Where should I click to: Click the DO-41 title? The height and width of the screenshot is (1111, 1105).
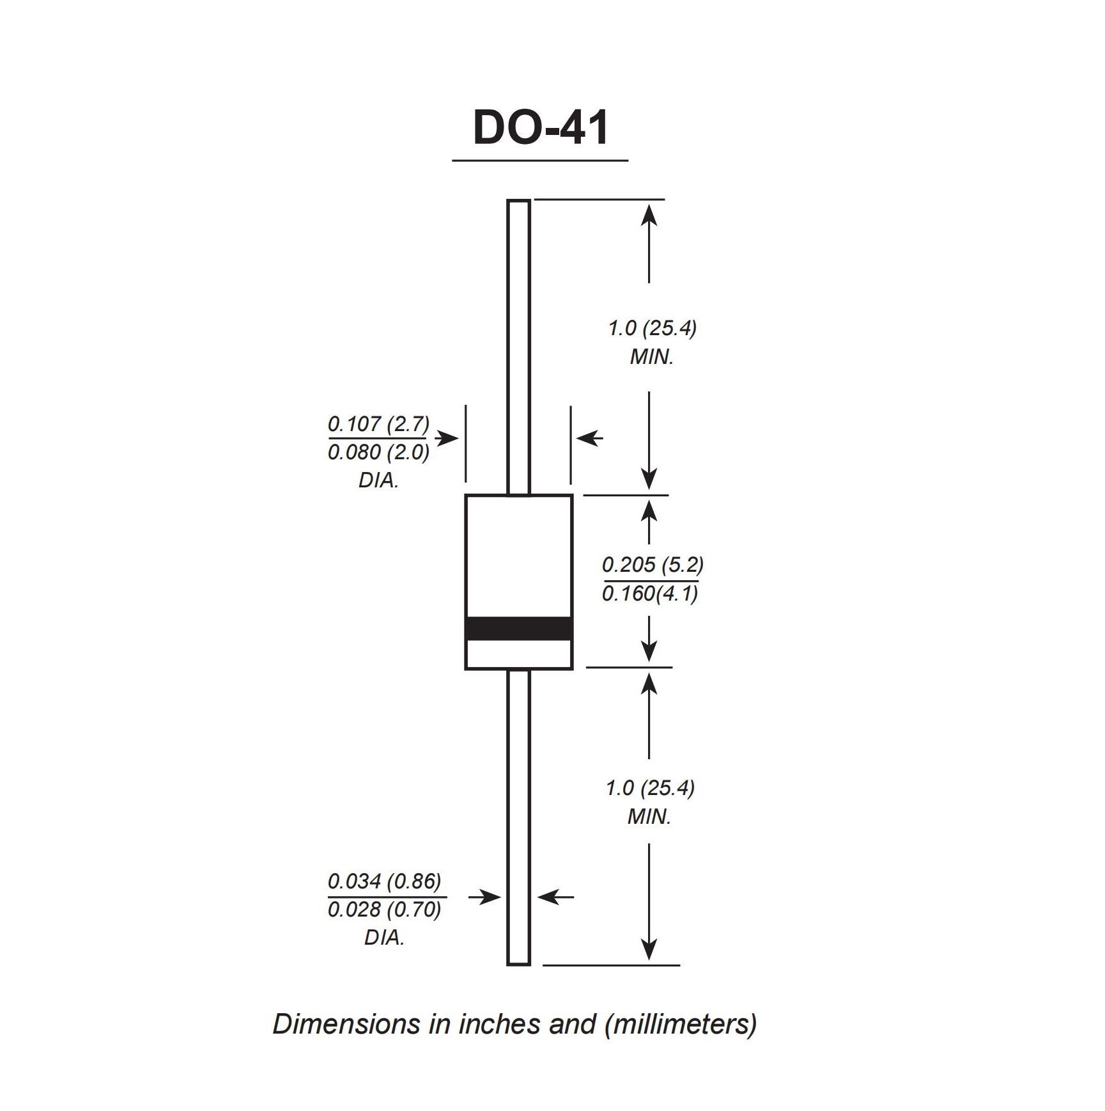pos(541,128)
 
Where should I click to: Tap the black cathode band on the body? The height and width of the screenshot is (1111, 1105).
pos(518,628)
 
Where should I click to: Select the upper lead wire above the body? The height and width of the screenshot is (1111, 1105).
pos(518,347)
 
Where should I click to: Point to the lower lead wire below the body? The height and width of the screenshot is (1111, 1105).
pos(518,817)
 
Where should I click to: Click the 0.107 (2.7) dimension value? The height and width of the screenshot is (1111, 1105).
pos(378,423)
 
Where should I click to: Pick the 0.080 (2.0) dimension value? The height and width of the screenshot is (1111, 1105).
pos(378,452)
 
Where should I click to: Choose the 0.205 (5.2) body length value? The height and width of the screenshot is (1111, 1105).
pos(653,565)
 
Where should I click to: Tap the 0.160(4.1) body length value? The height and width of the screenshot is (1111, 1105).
pos(650,594)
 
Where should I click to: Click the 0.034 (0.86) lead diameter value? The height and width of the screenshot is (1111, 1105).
pos(384,881)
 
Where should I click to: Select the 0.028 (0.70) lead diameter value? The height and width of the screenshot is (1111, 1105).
pos(384,910)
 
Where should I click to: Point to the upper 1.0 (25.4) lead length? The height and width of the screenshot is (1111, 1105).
pos(651,328)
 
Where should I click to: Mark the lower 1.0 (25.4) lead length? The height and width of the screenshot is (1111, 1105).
pos(650,788)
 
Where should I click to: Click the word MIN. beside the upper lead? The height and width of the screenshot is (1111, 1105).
pos(651,357)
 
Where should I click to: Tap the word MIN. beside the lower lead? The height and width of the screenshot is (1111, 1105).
pos(649,817)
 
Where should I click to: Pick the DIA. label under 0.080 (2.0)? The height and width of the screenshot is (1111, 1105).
pos(378,480)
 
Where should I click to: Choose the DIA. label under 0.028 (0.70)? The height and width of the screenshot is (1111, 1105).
pos(384,938)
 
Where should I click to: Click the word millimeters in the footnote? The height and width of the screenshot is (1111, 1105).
pos(679,1024)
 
